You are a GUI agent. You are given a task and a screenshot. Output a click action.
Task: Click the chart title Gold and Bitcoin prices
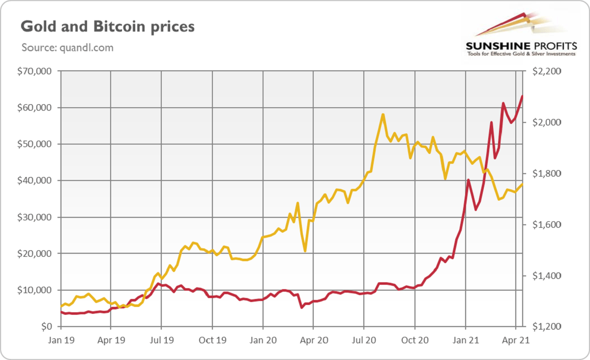108,27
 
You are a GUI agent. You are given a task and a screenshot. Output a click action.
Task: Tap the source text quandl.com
67,48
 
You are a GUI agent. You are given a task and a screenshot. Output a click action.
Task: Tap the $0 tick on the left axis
46,327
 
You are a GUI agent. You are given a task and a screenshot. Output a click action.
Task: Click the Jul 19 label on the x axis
161,340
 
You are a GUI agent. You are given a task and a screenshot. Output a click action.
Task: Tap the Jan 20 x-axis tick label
263,340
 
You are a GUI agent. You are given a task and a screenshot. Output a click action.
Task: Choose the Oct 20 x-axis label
414,340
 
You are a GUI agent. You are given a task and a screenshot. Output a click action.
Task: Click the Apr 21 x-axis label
515,340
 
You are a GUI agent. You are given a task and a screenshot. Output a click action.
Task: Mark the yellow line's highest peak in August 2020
383,115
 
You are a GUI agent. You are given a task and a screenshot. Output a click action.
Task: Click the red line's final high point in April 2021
522,96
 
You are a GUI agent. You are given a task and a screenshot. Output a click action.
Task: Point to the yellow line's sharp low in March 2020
305,251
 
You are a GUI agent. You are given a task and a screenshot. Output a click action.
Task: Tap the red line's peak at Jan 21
469,180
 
